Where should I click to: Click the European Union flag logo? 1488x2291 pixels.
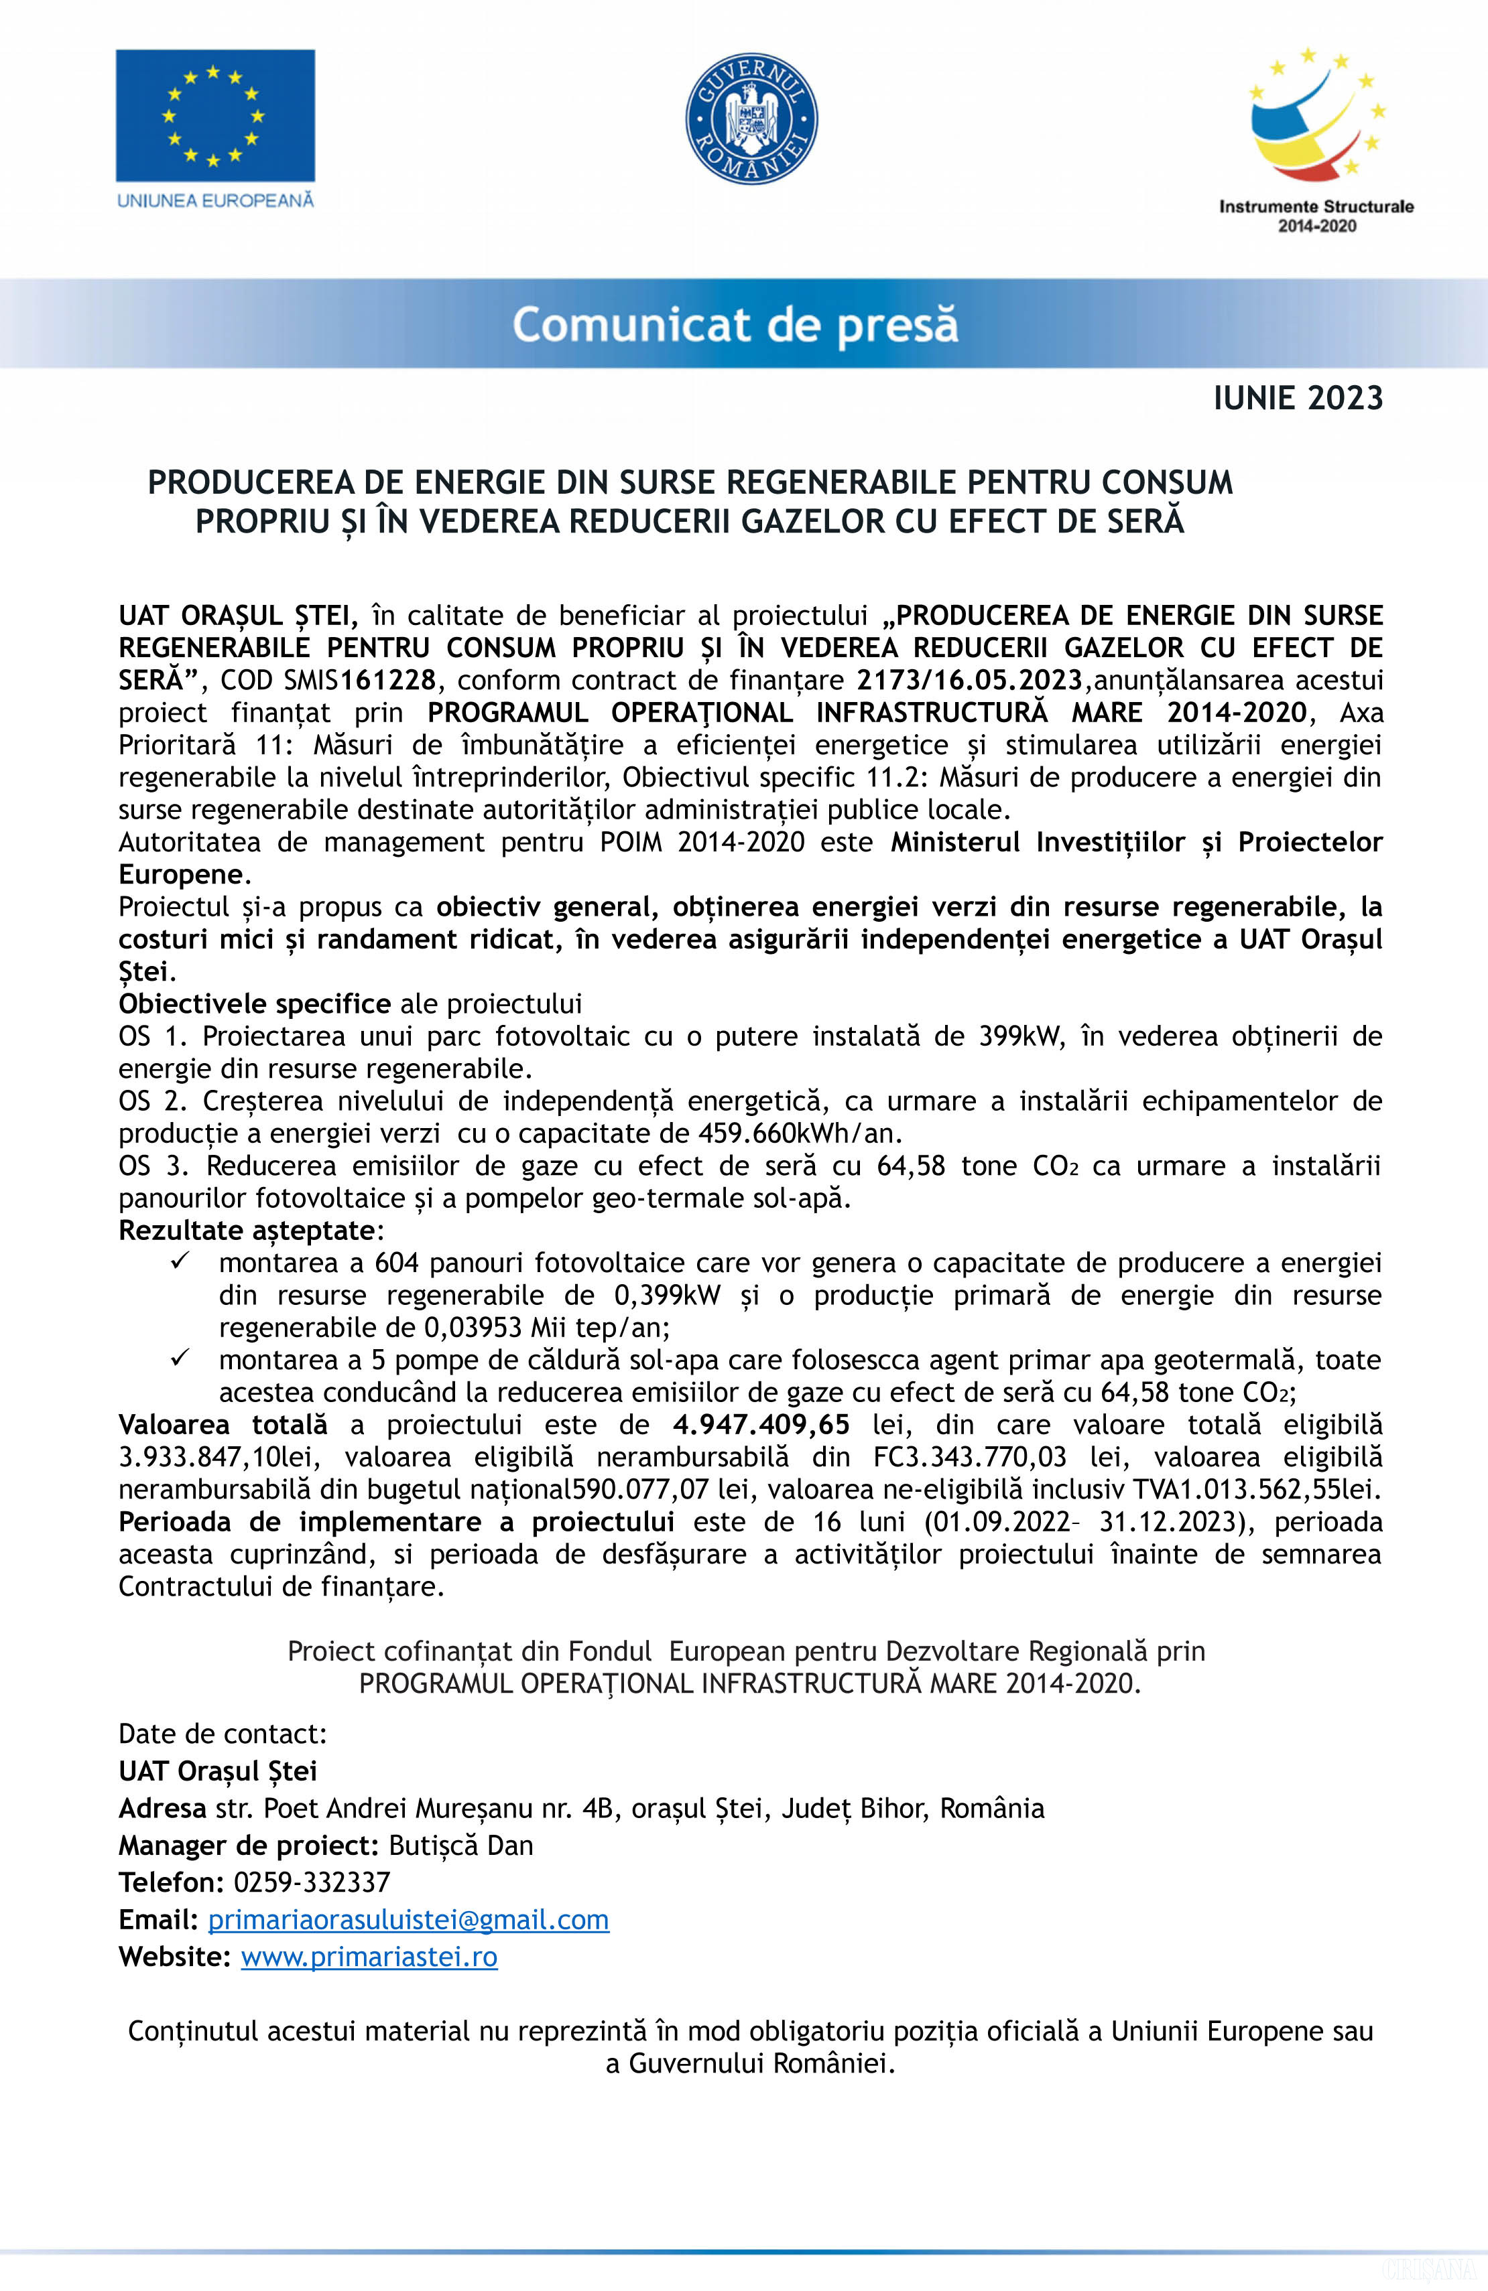[x=214, y=115]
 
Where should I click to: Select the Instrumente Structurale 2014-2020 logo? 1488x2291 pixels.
[x=1316, y=139]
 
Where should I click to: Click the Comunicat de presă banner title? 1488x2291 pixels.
[x=735, y=324]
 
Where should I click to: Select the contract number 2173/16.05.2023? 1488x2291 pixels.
[x=970, y=681]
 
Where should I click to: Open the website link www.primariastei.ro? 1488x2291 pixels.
[x=369, y=1957]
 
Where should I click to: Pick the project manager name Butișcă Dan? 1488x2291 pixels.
[x=460, y=1846]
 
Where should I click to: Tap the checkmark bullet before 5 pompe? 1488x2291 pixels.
[x=180, y=1359]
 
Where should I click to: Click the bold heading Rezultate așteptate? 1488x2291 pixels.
[x=247, y=1230]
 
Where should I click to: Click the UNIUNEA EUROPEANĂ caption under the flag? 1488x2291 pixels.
[x=214, y=200]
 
